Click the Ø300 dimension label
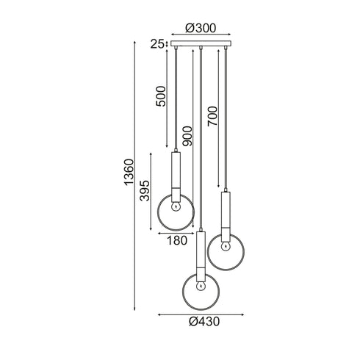tap(201, 28)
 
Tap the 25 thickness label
tap(156, 44)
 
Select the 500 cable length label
tap(161, 96)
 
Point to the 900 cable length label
tap(187, 136)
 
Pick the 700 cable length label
tap(212, 116)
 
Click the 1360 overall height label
tap(129, 172)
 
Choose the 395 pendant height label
tap(145, 190)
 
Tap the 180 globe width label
tap(177, 240)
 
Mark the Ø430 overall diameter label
tap(204, 322)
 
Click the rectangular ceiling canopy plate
tap(201, 43)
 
